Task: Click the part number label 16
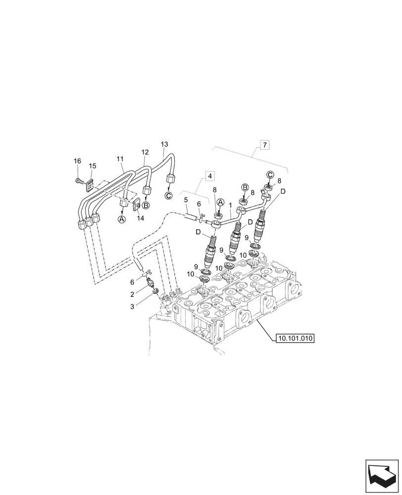77,161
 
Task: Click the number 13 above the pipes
164,144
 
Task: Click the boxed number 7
265,145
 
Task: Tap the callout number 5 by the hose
186,200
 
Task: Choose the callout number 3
132,306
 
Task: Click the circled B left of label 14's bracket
146,205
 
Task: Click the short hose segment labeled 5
191,216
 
